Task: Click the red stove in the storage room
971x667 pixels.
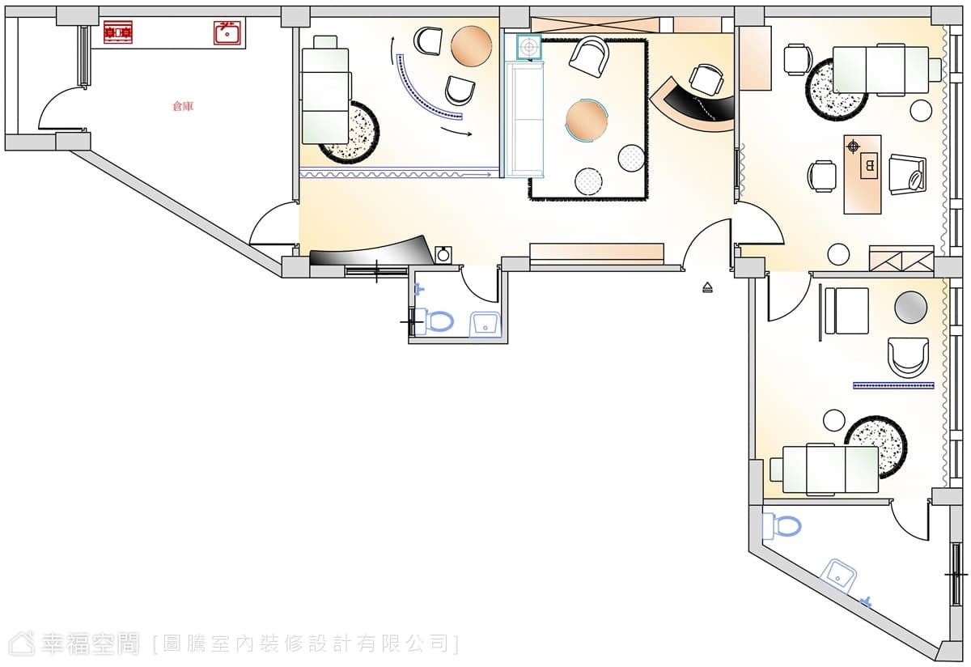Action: [118, 32]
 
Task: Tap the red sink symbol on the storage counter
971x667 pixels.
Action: [227, 32]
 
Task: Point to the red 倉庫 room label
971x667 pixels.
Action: [183, 106]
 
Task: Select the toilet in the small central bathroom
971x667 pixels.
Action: [435, 321]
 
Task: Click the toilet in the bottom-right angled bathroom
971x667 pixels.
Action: [783, 527]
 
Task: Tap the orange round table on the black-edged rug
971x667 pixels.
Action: [587, 120]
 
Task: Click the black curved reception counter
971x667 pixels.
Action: [693, 108]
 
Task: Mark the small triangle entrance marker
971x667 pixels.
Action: [707, 287]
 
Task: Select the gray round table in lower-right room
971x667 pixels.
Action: [911, 307]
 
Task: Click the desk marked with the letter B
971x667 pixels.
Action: [863, 174]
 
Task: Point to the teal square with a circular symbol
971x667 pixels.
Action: [529, 46]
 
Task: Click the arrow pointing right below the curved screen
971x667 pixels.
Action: [456, 132]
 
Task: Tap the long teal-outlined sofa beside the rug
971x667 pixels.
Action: [524, 119]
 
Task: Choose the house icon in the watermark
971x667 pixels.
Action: [22, 644]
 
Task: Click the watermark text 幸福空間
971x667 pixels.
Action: [90, 644]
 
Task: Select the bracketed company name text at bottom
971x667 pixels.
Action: [307, 644]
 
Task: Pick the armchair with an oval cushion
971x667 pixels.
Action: [908, 175]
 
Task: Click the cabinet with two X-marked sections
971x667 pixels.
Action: [901, 259]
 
